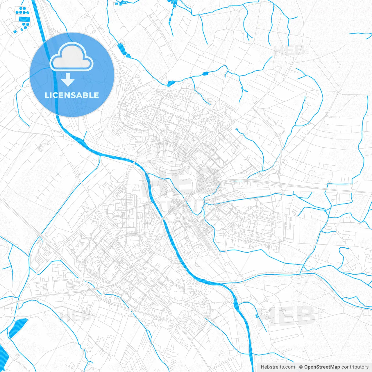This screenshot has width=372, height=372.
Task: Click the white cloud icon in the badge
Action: click(x=71, y=57)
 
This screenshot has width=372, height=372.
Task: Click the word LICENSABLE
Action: click(x=72, y=95)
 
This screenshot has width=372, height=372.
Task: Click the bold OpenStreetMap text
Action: click(x=322, y=367)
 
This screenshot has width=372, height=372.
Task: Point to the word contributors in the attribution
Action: click(x=355, y=367)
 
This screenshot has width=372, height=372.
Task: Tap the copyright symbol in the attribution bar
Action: click(x=301, y=367)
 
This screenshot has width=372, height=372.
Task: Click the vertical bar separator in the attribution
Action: click(x=297, y=367)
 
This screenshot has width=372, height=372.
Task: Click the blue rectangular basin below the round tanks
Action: click(x=24, y=19)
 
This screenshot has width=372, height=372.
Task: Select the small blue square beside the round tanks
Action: click(x=14, y=31)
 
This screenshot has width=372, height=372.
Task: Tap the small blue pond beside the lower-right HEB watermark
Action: click(x=256, y=316)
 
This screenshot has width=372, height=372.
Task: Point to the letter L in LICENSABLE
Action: click(x=46, y=95)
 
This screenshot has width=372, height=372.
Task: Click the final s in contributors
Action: click(x=367, y=367)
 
